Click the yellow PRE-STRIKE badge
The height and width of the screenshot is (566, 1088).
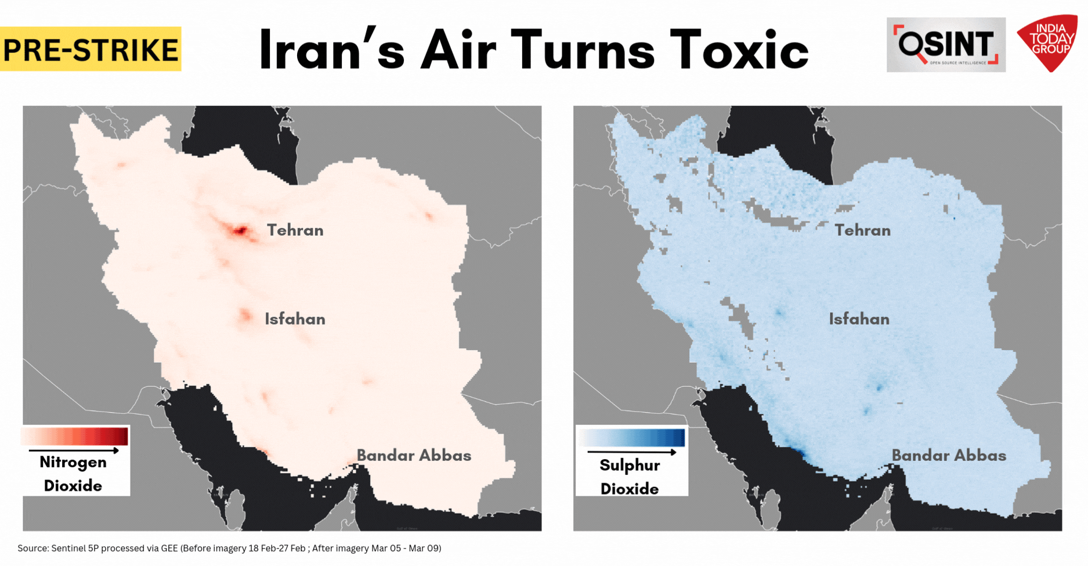91,49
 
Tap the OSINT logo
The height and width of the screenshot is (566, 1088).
946,45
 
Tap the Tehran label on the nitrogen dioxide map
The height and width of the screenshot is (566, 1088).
295,230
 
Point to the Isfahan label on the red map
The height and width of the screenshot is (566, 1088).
295,319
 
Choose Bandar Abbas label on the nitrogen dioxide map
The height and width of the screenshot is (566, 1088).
414,456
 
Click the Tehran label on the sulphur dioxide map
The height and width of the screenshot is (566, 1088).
863,230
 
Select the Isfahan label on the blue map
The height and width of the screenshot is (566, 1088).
859,319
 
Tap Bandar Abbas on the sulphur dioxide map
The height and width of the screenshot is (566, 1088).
949,456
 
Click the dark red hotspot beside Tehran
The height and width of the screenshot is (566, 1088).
240,232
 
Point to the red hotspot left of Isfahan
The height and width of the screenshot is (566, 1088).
245,316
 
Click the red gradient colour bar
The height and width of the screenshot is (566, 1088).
75,436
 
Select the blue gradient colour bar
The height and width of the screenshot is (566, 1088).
632,437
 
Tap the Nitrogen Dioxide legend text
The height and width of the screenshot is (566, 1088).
73,474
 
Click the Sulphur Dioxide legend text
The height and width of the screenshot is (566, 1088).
630,477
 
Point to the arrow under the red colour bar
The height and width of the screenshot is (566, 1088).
74,450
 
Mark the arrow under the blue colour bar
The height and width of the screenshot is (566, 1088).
632,452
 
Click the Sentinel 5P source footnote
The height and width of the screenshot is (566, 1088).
229,548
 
